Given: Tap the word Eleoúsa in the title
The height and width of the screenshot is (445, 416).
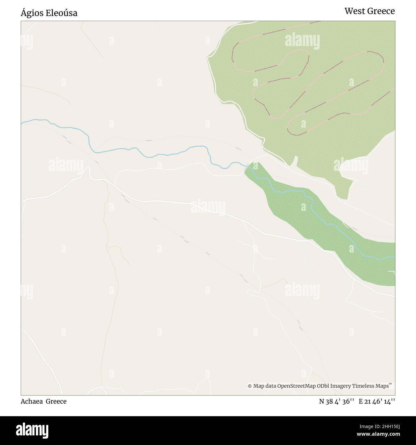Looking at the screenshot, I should click(x=61, y=13).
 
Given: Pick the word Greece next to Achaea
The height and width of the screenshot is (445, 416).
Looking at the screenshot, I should click(x=56, y=401).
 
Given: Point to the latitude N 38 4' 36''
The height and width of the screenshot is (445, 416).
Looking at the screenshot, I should click(x=336, y=401).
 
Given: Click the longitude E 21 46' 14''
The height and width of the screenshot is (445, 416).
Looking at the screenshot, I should click(x=377, y=401).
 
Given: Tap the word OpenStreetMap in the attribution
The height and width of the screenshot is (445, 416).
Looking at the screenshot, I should click(x=293, y=386).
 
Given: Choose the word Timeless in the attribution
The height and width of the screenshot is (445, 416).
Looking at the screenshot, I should click(x=363, y=386).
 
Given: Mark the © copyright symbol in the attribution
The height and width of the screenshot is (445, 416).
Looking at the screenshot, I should click(x=250, y=386).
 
